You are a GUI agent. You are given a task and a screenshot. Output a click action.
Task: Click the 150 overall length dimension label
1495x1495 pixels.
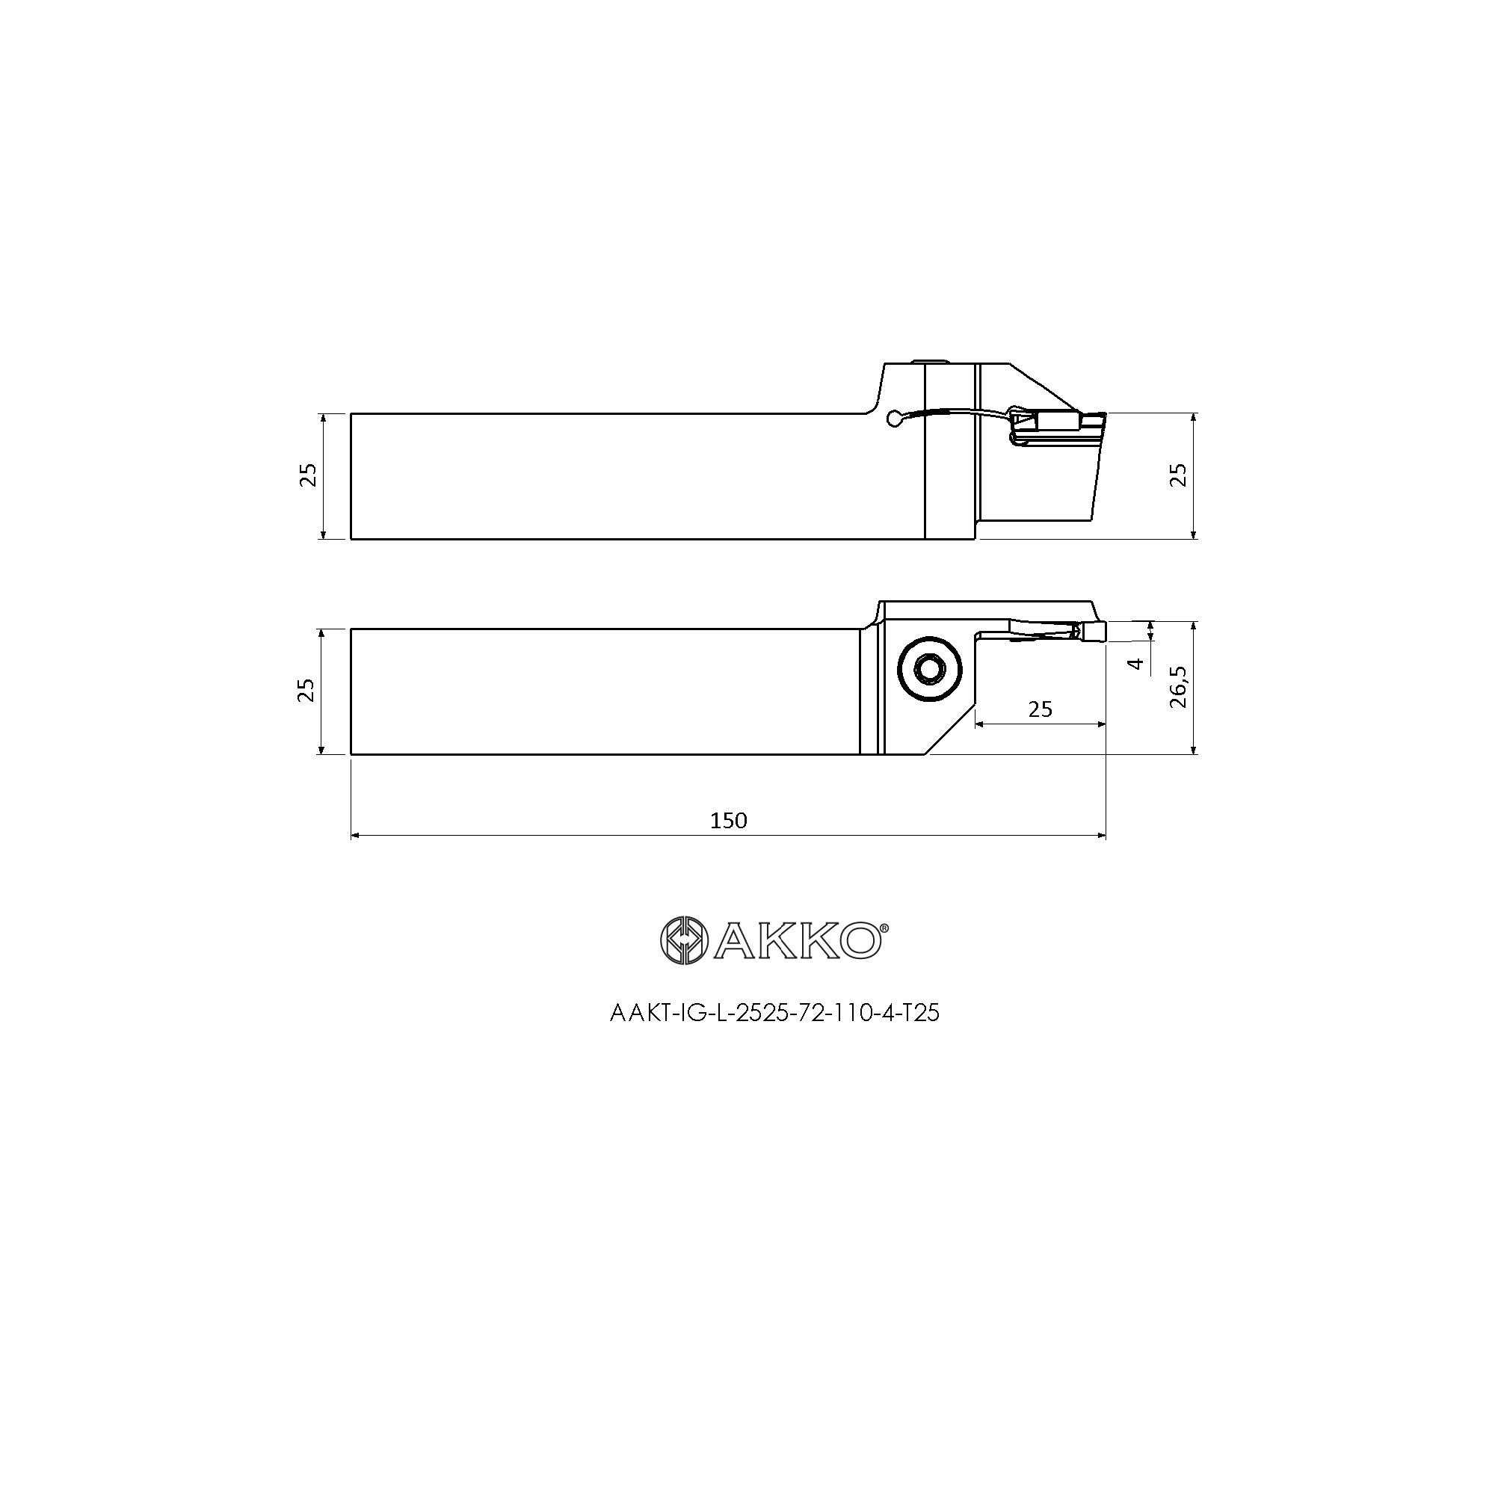pyautogui.click(x=728, y=821)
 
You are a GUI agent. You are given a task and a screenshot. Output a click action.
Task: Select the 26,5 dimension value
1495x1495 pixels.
pyautogui.click(x=1178, y=687)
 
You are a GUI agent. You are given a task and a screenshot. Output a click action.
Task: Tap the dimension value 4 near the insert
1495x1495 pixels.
pyautogui.click(x=1136, y=663)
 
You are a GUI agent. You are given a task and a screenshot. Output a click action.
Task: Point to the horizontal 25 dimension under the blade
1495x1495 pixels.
pyautogui.click(x=1040, y=709)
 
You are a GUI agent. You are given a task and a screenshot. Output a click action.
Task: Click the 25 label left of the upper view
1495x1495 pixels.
pyautogui.click(x=308, y=475)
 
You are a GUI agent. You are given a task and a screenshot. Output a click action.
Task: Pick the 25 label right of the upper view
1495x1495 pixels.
pyautogui.click(x=1178, y=475)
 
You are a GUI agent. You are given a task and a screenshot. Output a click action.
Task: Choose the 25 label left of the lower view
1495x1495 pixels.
pyautogui.click(x=308, y=690)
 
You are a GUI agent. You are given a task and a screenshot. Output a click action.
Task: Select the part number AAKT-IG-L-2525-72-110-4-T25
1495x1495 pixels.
pyautogui.click(x=774, y=1014)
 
